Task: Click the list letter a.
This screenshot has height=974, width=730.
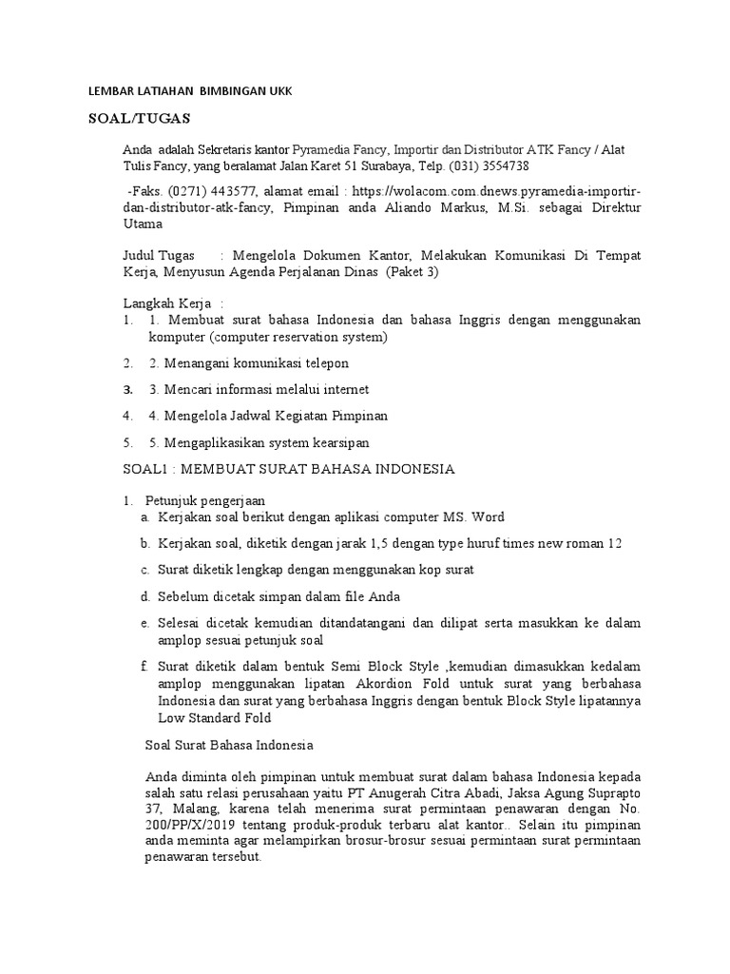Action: [x=144, y=516]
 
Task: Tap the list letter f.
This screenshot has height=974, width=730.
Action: [x=144, y=667]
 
